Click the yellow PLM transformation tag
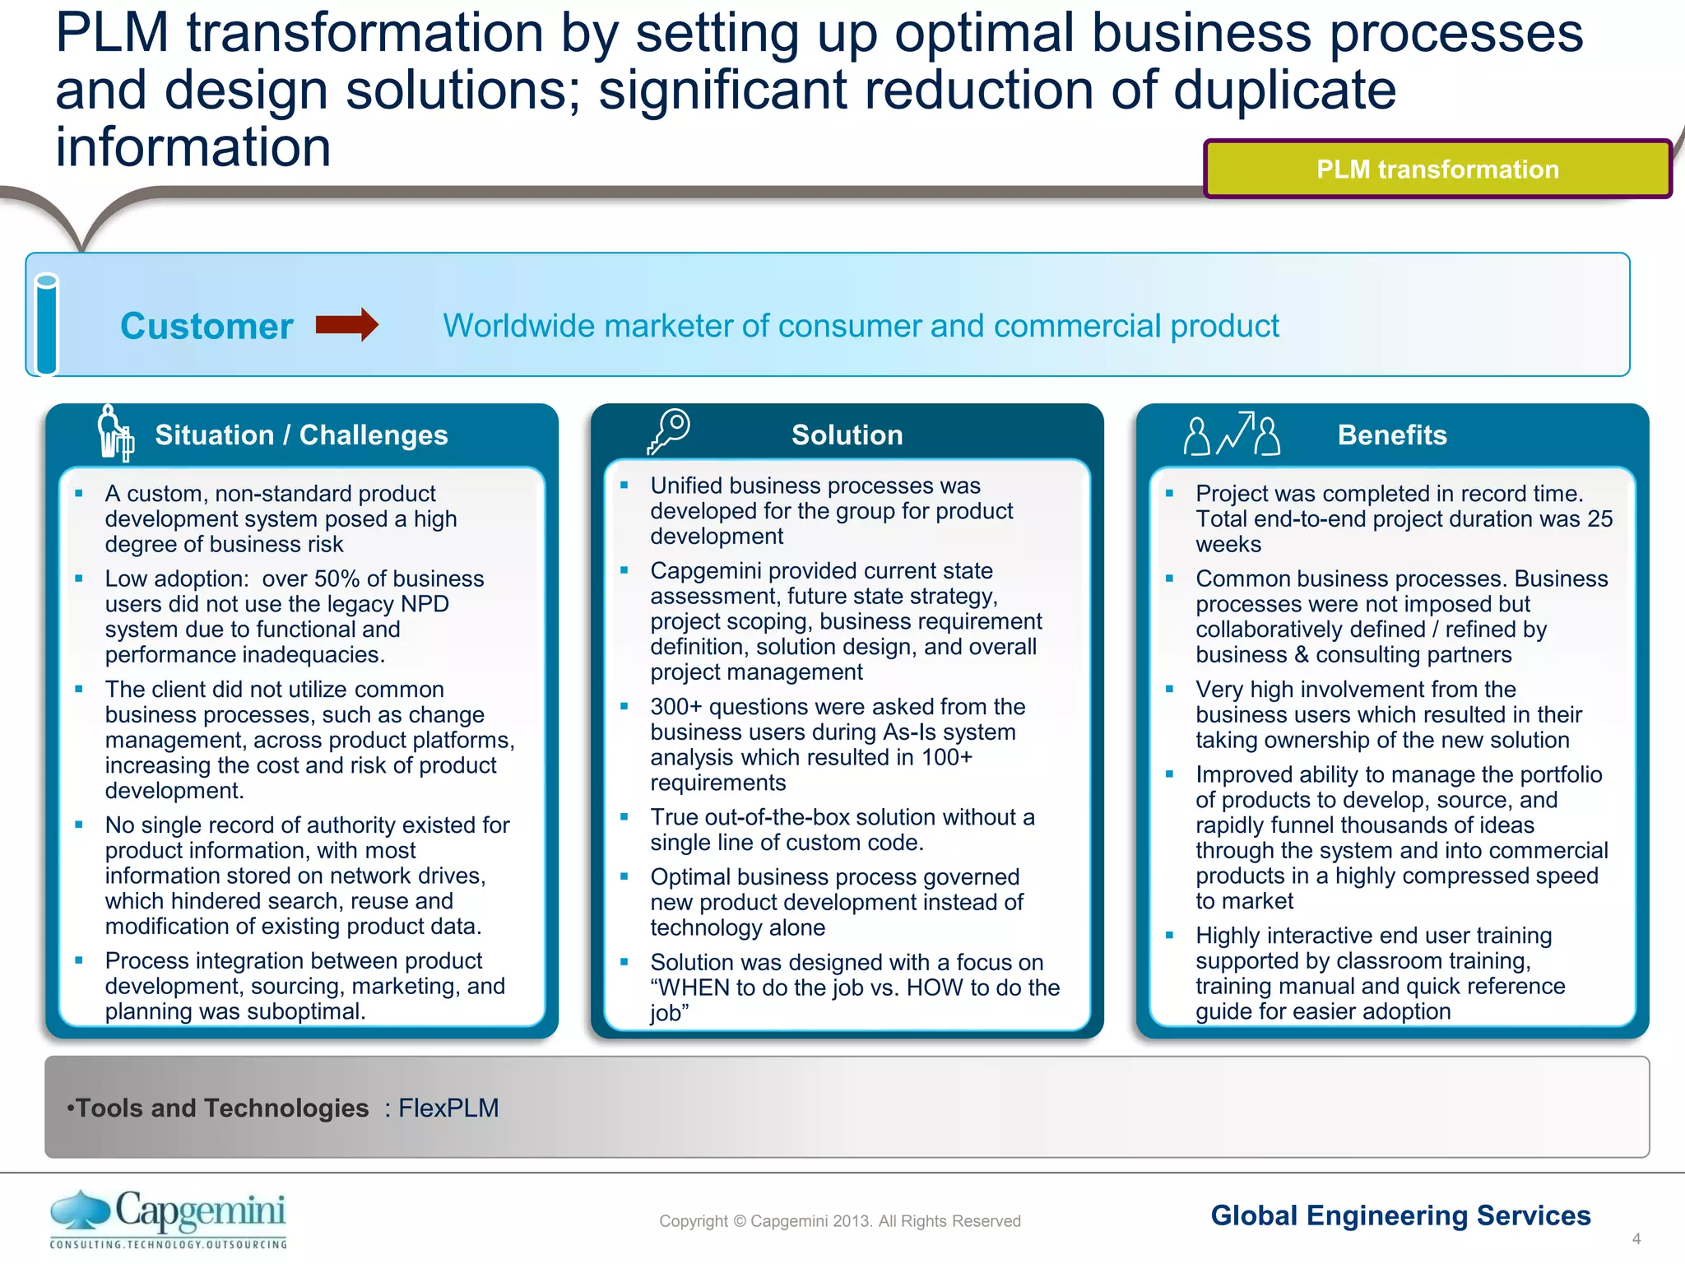pyautogui.click(x=1437, y=170)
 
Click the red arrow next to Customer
pyautogui.click(x=346, y=325)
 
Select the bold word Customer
pyautogui.click(x=207, y=327)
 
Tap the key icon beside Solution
pyautogui.click(x=668, y=431)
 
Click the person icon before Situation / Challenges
pyautogui.click(x=114, y=432)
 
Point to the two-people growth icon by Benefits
pyautogui.click(x=1231, y=434)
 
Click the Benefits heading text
pyautogui.click(x=1391, y=434)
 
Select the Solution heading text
pyautogui.click(x=847, y=434)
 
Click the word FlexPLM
pyautogui.click(x=448, y=1108)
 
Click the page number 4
pyautogui.click(x=1636, y=1238)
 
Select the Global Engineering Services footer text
pyautogui.click(x=1400, y=1215)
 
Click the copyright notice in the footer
pyautogui.click(x=839, y=1221)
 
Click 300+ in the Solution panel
pyautogui.click(x=675, y=707)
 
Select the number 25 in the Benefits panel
pyautogui.click(x=1599, y=519)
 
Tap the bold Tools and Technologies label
pyautogui.click(x=222, y=1108)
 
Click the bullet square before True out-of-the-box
pyautogui.click(x=624, y=817)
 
